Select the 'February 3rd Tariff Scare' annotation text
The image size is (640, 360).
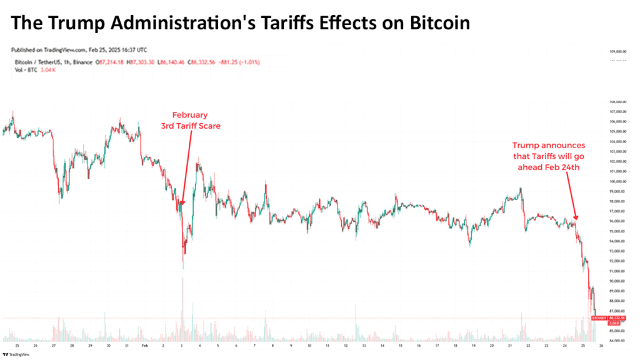pyautogui.click(x=189, y=120)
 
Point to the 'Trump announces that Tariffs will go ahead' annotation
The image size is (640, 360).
pyautogui.click(x=549, y=156)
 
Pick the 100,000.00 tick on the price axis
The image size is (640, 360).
pyautogui.click(x=617, y=181)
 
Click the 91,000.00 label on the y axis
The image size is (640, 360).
pyautogui.click(x=617, y=271)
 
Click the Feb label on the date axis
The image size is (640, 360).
pyautogui.click(x=145, y=345)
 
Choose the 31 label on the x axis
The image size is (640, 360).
pyautogui.click(x=127, y=345)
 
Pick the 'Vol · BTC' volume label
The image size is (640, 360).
pyautogui.click(x=24, y=69)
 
